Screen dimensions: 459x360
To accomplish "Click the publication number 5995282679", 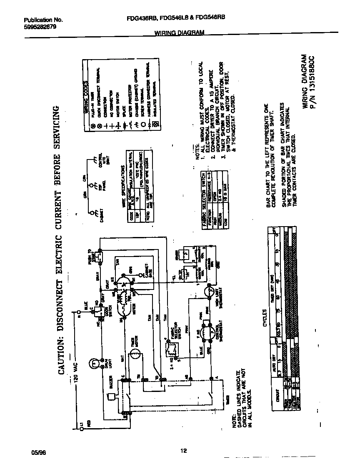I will [40, 26].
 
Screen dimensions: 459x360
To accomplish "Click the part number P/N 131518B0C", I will [319, 81].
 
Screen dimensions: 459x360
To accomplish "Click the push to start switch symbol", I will [99, 258].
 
